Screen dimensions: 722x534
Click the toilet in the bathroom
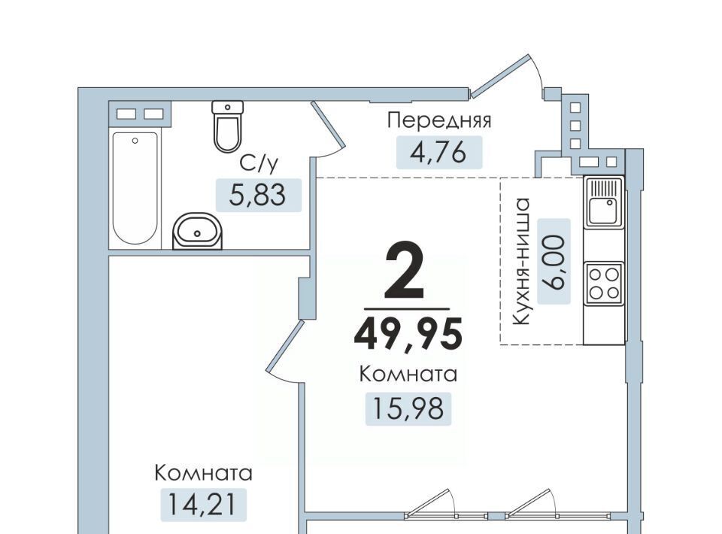227,126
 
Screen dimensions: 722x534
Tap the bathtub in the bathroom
135,188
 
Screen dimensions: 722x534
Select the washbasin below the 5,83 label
197,231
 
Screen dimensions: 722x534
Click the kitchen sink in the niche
604,202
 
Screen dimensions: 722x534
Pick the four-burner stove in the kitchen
604,284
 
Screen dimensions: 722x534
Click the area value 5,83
258,196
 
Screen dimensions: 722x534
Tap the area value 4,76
438,153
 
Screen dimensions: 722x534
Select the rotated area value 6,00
554,262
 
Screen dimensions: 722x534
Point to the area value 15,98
408,408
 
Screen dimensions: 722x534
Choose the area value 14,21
202,504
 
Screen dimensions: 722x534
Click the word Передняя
439,120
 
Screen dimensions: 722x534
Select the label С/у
259,163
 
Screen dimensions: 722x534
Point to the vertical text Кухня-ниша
522,262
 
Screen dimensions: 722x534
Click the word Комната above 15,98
408,375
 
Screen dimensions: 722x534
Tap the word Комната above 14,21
203,473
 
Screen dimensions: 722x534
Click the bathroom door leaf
329,123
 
